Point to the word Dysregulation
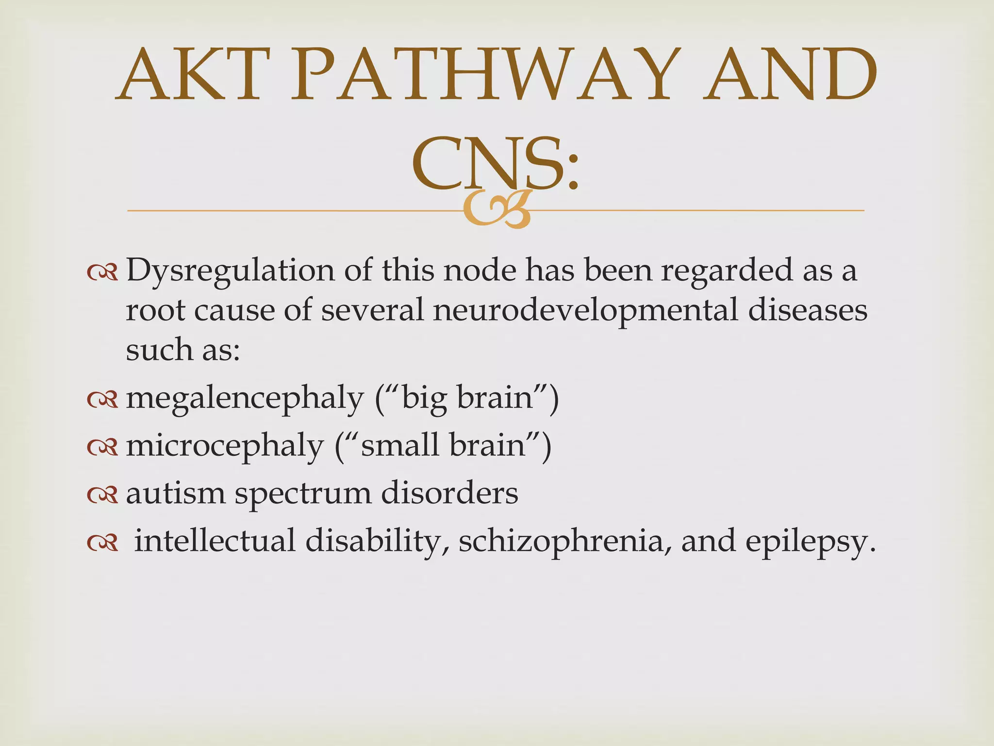(x=230, y=271)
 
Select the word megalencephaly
(x=245, y=399)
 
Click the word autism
(x=176, y=493)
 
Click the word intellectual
(x=215, y=541)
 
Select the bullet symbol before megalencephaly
(x=102, y=400)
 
